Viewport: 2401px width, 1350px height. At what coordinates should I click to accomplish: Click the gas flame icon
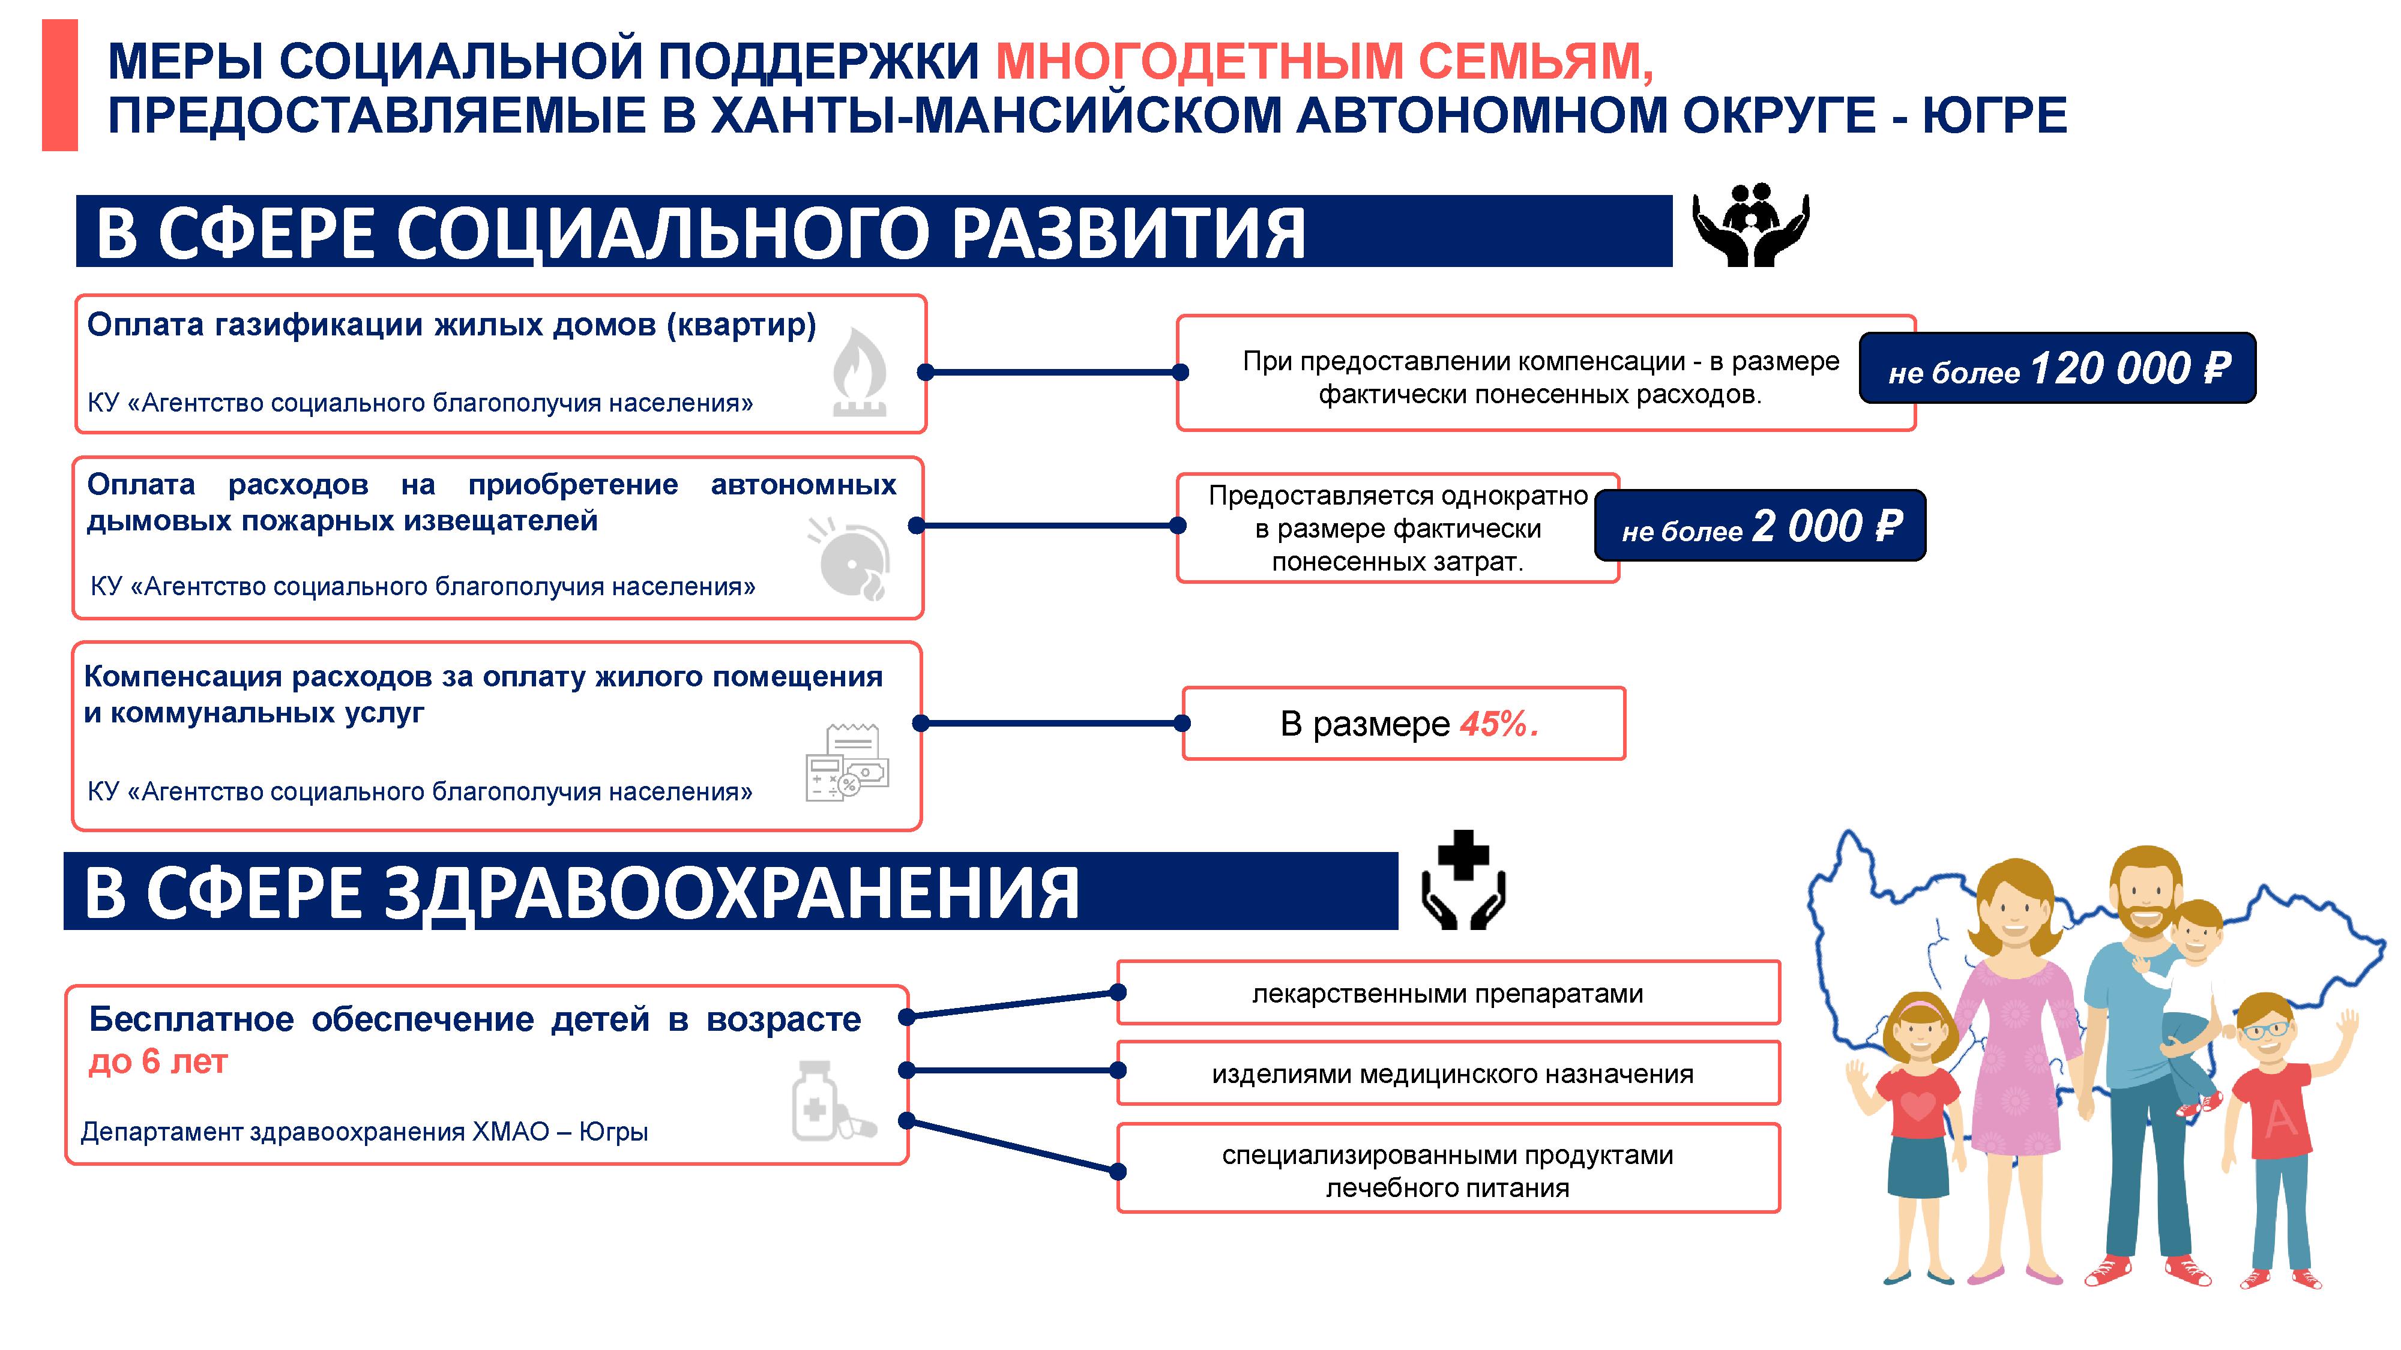click(860, 373)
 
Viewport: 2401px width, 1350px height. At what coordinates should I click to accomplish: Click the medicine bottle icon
click(833, 1100)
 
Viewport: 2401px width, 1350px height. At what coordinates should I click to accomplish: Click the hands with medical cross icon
click(1463, 880)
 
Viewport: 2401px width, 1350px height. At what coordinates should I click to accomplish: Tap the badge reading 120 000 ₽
click(2057, 368)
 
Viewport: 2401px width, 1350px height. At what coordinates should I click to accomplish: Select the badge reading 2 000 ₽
click(1760, 526)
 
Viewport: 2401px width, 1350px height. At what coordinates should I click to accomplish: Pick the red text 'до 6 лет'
click(157, 1061)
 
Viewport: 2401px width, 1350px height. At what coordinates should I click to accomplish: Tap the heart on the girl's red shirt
click(1917, 1106)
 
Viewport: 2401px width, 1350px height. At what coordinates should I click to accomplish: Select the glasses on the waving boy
click(2265, 1030)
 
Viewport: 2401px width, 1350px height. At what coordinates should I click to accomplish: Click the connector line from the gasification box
click(1052, 373)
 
